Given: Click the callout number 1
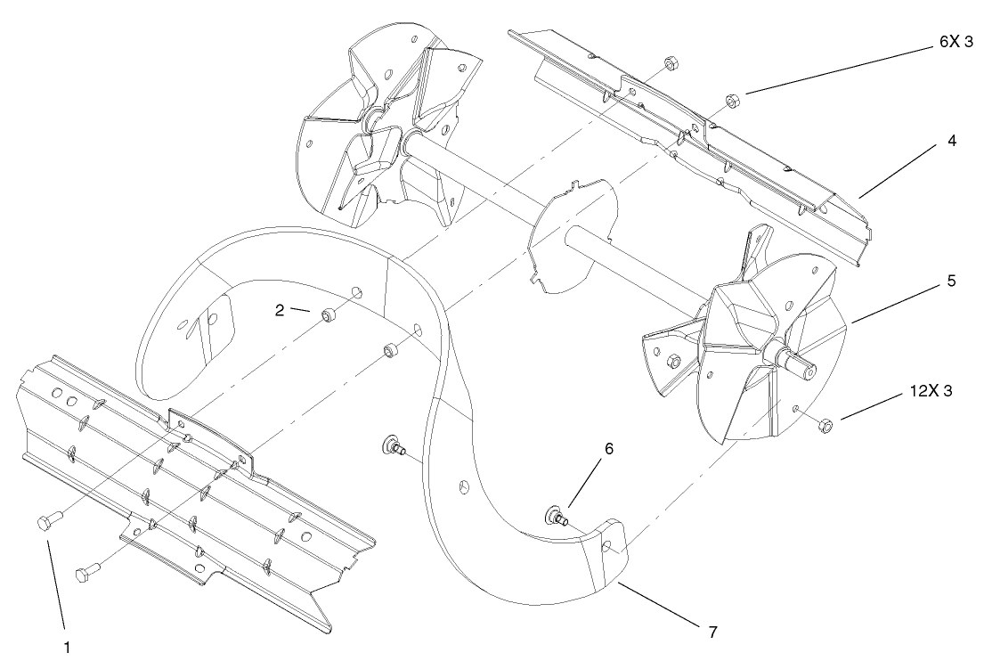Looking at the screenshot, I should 65,648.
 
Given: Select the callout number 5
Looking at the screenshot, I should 950,281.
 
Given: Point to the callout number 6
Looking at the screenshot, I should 609,450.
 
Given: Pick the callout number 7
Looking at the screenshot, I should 712,632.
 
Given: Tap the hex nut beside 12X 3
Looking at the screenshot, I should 825,426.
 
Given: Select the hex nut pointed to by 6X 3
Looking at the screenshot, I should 730,101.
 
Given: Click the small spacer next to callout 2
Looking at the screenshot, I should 329,314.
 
